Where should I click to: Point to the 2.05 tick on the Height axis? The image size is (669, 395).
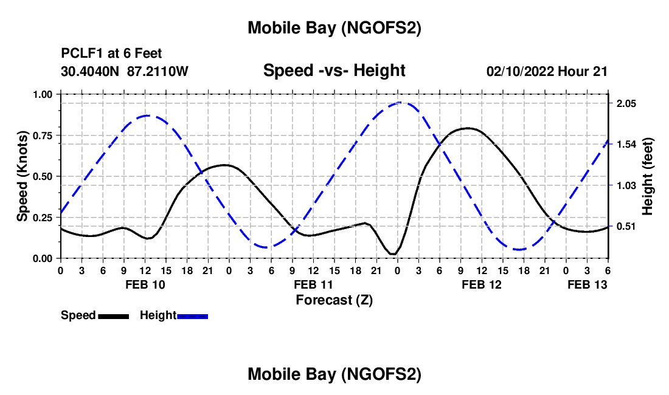pyautogui.click(x=626, y=104)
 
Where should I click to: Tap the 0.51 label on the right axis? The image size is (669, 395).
pyautogui.click(x=626, y=226)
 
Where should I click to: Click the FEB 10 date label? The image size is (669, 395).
pyautogui.click(x=144, y=284)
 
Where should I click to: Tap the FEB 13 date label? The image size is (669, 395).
pyautogui.click(x=587, y=284)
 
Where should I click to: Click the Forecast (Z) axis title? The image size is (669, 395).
pyautogui.click(x=334, y=300)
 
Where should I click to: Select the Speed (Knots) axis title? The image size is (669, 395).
pyautogui.click(x=23, y=176)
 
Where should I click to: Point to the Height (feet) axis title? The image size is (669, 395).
pyautogui.click(x=647, y=176)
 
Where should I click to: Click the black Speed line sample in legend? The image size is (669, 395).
pyautogui.click(x=113, y=316)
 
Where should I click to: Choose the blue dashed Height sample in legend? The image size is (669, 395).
pyautogui.click(x=192, y=316)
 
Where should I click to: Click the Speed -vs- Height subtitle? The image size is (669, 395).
pyautogui.click(x=334, y=70)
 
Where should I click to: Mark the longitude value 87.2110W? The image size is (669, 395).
pyautogui.click(x=158, y=71)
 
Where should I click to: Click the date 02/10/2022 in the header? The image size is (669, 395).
pyautogui.click(x=520, y=71)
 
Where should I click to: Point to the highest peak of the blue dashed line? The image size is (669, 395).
pyautogui.click(x=399, y=102)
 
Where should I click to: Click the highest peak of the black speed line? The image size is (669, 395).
pyautogui.click(x=467, y=128)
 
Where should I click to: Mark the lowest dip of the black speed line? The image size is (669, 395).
pyautogui.click(x=393, y=254)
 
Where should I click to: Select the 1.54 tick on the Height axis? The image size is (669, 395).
pyautogui.click(x=626, y=145)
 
